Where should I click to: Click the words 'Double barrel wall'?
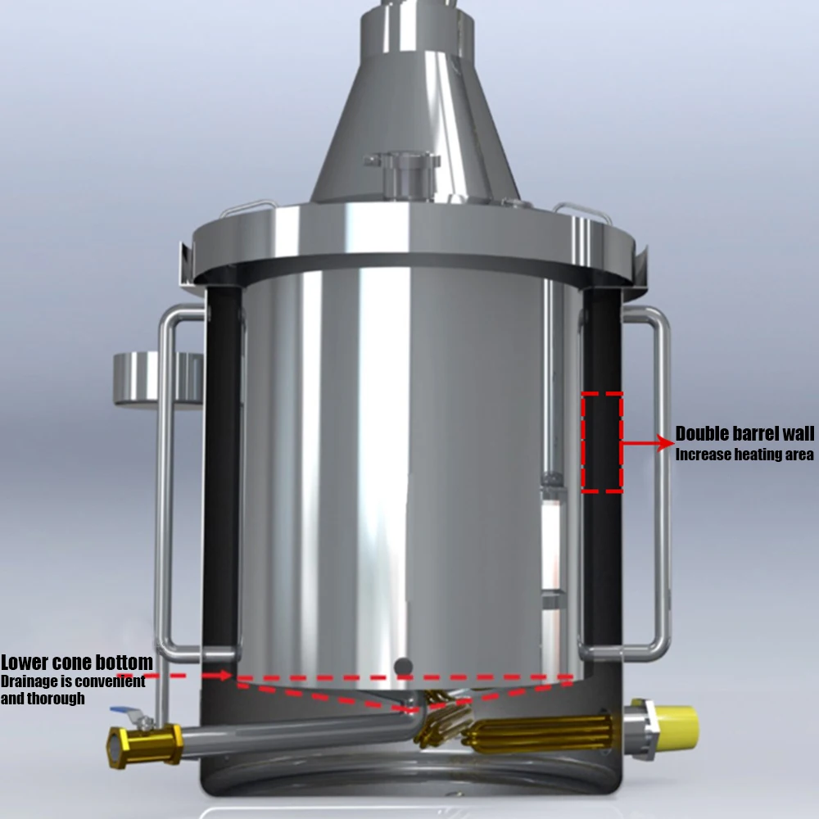(x=744, y=433)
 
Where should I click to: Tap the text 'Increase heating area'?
(x=744, y=455)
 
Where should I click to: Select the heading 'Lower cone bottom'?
(x=77, y=663)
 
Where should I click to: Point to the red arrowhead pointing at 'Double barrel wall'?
(x=666, y=443)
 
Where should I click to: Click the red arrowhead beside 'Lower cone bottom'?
(x=225, y=676)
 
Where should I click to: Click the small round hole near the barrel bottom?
(x=403, y=667)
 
